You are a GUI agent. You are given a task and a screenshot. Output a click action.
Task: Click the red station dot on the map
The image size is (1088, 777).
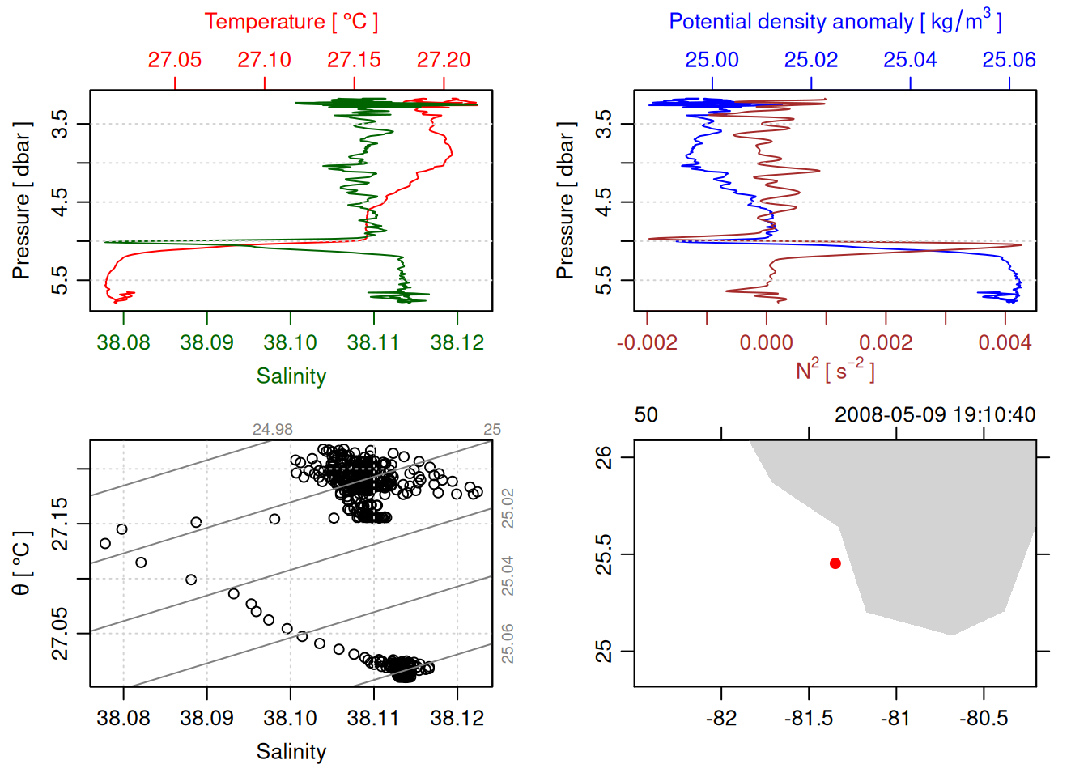point(835,563)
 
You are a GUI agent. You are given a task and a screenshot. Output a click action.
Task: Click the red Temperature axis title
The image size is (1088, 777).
point(291,22)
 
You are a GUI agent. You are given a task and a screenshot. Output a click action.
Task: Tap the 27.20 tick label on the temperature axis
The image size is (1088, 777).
point(444,60)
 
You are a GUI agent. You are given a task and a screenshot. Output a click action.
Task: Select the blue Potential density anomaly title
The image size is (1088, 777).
point(835,21)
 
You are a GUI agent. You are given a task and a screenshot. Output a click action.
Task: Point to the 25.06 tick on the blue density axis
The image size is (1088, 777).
point(1009,60)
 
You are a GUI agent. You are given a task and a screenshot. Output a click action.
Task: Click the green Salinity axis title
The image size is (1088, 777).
point(291,376)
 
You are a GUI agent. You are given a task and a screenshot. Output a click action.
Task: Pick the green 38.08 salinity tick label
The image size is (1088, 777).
point(123,342)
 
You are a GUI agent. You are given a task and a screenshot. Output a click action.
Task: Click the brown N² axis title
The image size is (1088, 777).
point(835,370)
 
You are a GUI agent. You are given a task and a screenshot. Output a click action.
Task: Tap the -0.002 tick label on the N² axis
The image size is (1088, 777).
point(647,342)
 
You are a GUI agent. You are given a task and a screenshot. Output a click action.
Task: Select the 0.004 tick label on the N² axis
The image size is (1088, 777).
point(1005,342)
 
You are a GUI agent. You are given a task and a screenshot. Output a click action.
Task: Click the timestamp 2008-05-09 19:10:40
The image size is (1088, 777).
point(935,415)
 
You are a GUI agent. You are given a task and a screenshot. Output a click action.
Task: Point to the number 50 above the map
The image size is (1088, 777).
point(646,415)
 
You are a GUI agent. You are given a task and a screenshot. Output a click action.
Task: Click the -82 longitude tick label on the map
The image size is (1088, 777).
point(720,718)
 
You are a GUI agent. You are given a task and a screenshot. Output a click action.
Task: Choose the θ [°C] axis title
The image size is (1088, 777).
point(22,563)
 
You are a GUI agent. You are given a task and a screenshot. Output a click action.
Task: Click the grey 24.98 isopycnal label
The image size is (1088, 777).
point(273,430)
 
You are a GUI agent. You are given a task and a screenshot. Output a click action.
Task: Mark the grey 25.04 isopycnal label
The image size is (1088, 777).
point(508,576)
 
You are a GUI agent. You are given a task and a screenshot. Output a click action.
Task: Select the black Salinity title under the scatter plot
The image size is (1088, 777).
point(291,752)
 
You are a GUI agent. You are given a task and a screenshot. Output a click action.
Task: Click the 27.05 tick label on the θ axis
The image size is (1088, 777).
point(61,633)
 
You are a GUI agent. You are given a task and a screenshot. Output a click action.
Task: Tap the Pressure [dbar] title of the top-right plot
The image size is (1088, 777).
point(566,201)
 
